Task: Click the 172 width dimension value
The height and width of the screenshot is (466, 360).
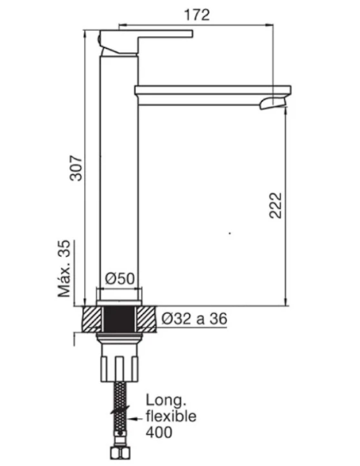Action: click(x=197, y=15)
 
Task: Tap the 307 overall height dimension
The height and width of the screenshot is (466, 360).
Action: click(x=76, y=168)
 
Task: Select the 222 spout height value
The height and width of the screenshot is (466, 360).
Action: click(x=276, y=206)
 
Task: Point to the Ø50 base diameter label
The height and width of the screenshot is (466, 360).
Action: click(x=120, y=279)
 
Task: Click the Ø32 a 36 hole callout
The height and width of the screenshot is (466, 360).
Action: click(x=194, y=319)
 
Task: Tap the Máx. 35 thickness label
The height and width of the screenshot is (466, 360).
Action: click(x=64, y=268)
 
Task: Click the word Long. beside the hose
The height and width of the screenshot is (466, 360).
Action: click(x=166, y=401)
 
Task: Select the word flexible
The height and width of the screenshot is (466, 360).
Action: click(x=171, y=416)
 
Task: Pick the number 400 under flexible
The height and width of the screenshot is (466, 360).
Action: click(x=159, y=432)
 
